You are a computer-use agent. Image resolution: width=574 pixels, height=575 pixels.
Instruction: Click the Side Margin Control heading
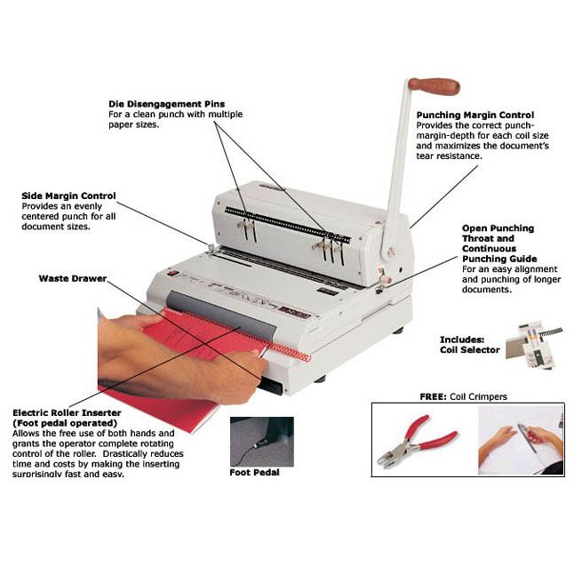pyautogui.click(x=68, y=196)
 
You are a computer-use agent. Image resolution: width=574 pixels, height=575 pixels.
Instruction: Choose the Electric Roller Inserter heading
pyautogui.click(x=67, y=413)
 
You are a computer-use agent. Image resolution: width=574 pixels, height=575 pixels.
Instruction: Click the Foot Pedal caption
pyautogui.click(x=255, y=472)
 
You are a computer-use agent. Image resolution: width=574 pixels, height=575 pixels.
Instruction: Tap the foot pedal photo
pyautogui.click(x=261, y=440)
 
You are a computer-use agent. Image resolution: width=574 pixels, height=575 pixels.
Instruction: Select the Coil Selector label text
pyautogui.click(x=470, y=350)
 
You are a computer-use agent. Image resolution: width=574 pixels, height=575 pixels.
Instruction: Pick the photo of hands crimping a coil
pyautogui.click(x=521, y=440)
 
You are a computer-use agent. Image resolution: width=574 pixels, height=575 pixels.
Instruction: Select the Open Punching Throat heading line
pyautogui.click(x=498, y=228)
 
